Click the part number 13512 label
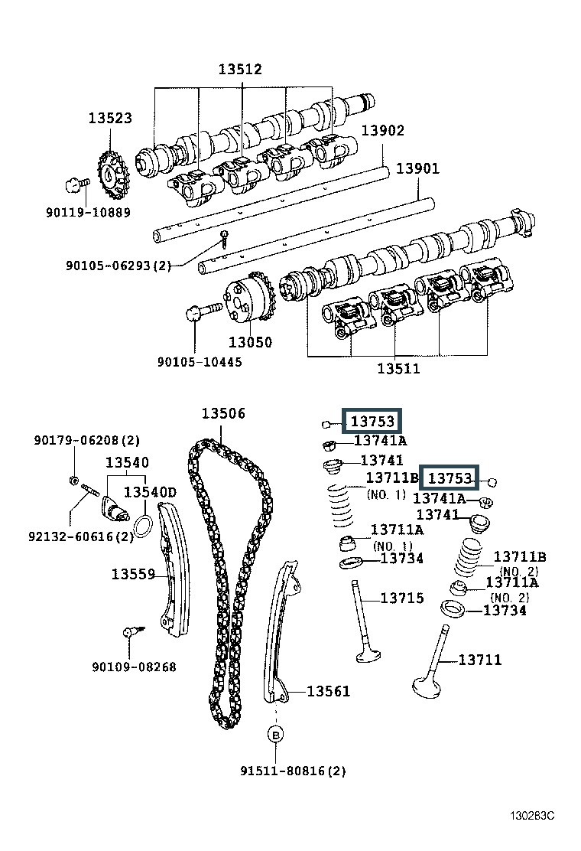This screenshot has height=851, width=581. click(240, 69)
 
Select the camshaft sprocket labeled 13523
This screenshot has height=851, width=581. click(112, 176)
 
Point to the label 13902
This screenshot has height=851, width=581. click(383, 130)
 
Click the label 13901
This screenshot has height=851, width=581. click(417, 168)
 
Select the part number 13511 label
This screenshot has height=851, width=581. click(398, 369)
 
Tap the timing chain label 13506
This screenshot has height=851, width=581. click(223, 413)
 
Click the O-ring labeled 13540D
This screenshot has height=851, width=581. click(142, 525)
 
